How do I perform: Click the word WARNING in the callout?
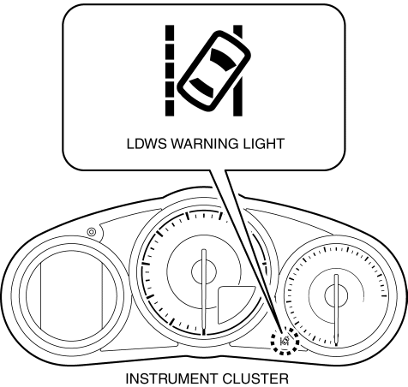[x=204, y=144]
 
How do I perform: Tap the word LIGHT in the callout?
[x=263, y=144]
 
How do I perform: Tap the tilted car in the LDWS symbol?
[x=213, y=71]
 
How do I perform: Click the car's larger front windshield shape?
[x=223, y=59]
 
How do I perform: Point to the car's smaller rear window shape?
[x=202, y=86]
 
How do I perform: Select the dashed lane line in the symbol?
[x=170, y=70]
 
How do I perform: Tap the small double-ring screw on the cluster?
[x=92, y=232]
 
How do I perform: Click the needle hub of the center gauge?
[x=204, y=272]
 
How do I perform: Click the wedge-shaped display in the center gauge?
[x=233, y=303]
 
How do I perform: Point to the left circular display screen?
[x=71, y=296]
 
